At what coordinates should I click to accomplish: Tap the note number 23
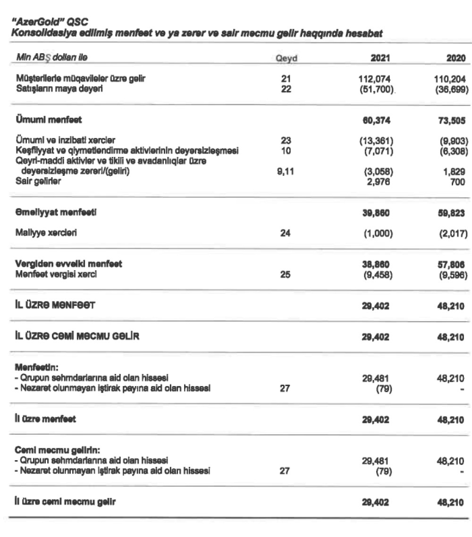[285, 140]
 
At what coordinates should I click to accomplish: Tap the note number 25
[285, 275]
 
